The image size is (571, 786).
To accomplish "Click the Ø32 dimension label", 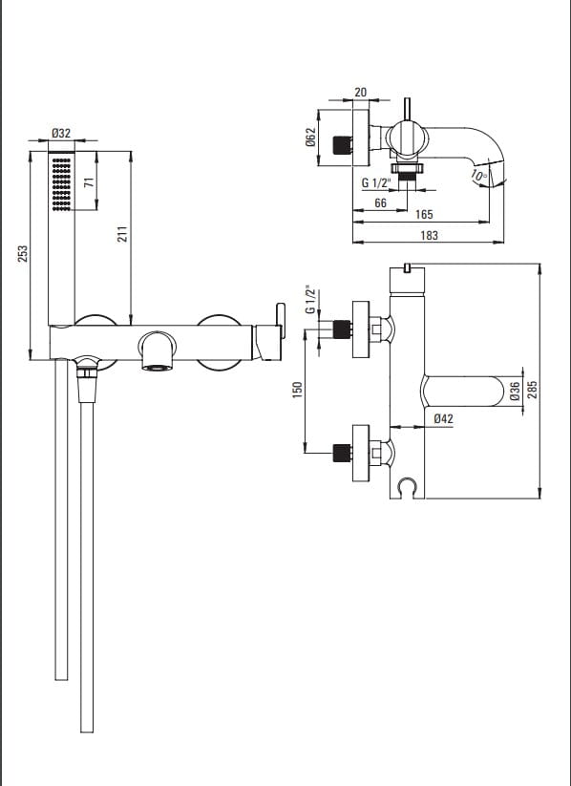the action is point(61,133).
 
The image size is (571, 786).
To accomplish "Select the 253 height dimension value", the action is point(23,254).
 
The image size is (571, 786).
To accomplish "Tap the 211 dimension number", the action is point(123,234).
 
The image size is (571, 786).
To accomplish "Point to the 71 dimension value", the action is point(89,181).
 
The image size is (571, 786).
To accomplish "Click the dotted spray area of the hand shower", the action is point(61,184).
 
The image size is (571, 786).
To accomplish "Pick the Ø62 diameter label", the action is point(311,137).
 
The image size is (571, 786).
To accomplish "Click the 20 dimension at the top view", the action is point(360,93).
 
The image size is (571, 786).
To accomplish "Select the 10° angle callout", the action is point(479,176).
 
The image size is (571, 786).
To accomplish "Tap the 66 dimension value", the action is point(380,202).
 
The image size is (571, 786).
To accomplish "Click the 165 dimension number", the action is point(424,215).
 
